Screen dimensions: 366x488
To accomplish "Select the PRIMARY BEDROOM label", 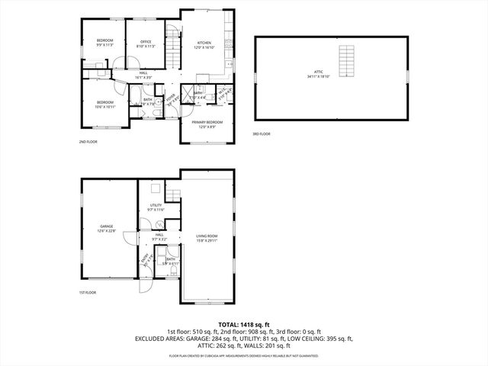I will pos(207,124).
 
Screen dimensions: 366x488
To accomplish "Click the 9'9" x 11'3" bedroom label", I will pos(104,42).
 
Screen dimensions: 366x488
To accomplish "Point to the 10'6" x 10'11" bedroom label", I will pos(105,104).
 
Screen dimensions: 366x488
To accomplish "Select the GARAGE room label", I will pos(106,228).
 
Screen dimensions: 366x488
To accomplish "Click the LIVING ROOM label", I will pos(207,238).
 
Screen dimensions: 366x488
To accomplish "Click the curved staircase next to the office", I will pos(174,34).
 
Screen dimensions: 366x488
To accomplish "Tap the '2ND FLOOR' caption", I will pos(88,142).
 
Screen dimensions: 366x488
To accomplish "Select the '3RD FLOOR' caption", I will pos(262,134).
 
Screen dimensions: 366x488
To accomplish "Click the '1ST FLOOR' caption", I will pos(88,293).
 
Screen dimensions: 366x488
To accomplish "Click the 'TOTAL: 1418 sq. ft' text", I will pos(244,324).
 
